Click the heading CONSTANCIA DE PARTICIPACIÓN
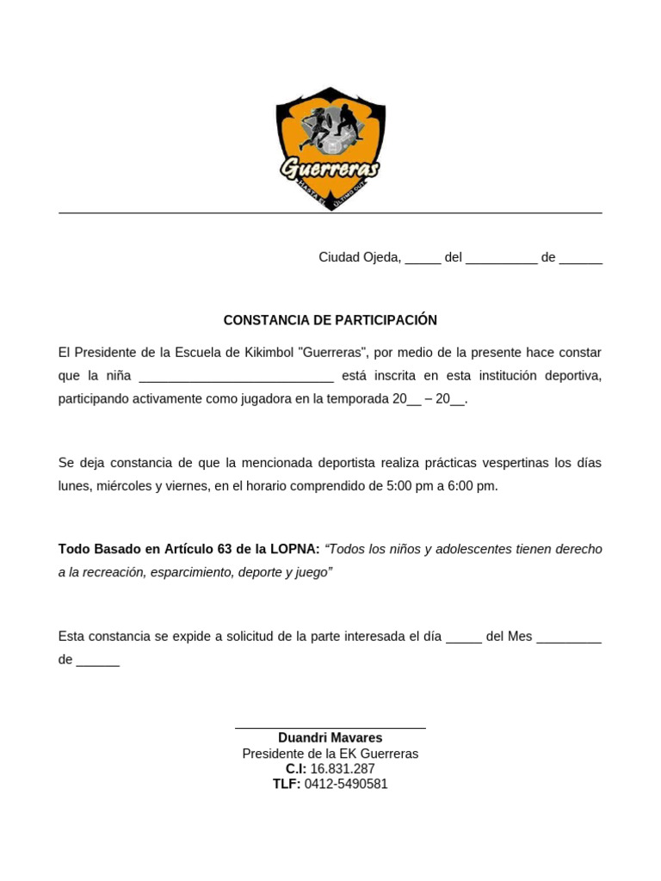click(x=330, y=320)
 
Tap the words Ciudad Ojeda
click(x=359, y=257)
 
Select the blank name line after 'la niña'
click(x=236, y=376)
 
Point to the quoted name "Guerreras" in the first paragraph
click(x=334, y=353)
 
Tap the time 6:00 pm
click(x=473, y=486)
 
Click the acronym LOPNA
click(x=294, y=549)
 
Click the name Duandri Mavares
click(x=330, y=738)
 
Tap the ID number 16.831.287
click(x=343, y=769)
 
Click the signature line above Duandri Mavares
click(x=330, y=728)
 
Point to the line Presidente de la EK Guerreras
click(x=330, y=754)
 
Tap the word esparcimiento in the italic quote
click(x=192, y=572)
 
